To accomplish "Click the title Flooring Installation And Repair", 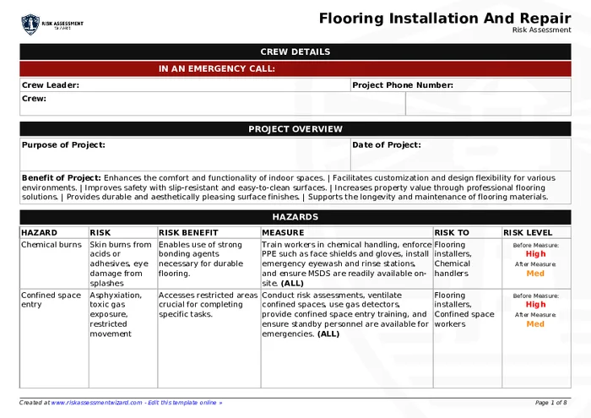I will tap(445, 18).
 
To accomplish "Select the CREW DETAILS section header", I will tap(295, 52).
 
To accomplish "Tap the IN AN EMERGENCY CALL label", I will tap(216, 68).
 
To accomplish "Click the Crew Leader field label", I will tap(51, 84).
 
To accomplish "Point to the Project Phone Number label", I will tap(403, 84).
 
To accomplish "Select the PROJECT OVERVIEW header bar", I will tap(295, 129).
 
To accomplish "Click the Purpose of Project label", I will tap(63, 144).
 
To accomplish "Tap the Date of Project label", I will tap(386, 144).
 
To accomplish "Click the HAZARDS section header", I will tap(295, 217).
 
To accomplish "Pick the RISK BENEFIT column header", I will tap(188, 232).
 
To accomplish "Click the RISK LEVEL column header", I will tap(528, 232).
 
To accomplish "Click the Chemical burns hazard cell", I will tap(51, 245).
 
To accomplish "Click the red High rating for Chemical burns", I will tap(535, 254).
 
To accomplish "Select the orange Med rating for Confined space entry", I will tap(535, 323).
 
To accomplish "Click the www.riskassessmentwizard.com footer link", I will tap(95, 403).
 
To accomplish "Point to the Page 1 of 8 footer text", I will tap(551, 403).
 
